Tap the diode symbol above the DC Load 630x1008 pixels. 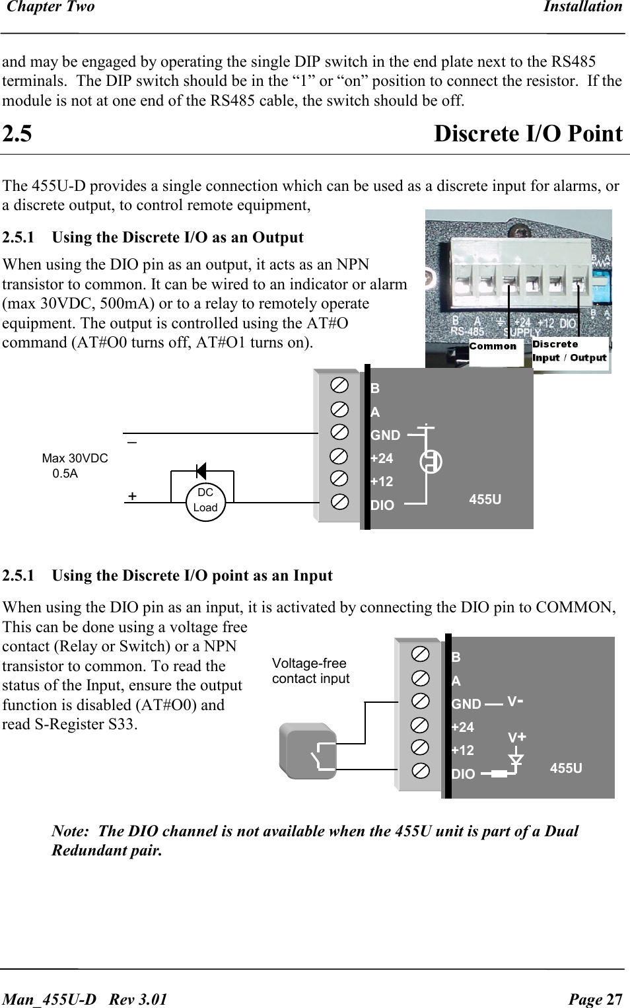click(x=201, y=471)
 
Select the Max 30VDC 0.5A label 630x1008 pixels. click(x=74, y=466)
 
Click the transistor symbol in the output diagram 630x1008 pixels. click(x=431, y=461)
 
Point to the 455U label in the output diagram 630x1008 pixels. click(x=485, y=499)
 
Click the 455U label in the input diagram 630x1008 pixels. click(x=566, y=768)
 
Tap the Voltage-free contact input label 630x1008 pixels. click(x=310, y=671)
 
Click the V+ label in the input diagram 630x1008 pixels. click(x=516, y=737)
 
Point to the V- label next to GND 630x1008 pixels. click(x=515, y=702)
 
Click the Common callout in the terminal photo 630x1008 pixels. click(x=493, y=346)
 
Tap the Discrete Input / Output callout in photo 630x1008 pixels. click(x=569, y=351)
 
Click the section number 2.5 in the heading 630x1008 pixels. click(x=17, y=134)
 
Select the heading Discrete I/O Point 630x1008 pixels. click(x=528, y=134)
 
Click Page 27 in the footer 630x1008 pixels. click(x=595, y=999)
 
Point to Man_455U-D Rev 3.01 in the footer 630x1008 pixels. click(x=85, y=999)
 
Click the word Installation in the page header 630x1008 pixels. click(x=582, y=7)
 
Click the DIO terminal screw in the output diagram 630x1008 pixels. click(x=339, y=502)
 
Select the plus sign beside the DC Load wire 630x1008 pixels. click(x=133, y=496)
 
